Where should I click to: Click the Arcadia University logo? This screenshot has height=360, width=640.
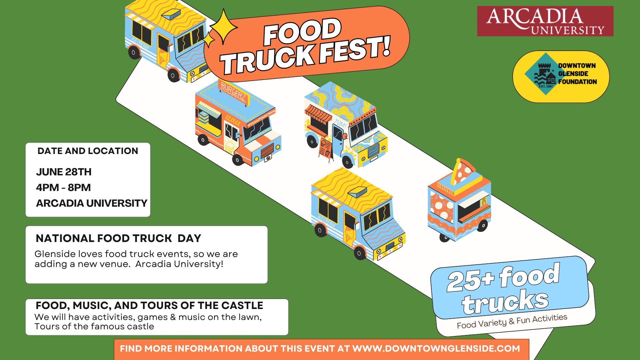[545, 21]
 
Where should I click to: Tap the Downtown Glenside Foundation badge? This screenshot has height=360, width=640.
[561, 76]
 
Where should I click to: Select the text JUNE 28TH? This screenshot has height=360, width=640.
[64, 172]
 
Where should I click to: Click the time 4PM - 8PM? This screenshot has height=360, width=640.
[63, 188]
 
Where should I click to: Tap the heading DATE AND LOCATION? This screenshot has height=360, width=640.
[88, 151]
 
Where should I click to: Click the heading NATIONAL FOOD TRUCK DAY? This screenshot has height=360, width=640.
[118, 238]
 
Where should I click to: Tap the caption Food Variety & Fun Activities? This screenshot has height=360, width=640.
[512, 321]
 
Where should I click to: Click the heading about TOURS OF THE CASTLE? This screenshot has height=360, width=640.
[149, 305]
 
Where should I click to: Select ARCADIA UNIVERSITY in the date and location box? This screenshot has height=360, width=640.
[92, 203]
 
